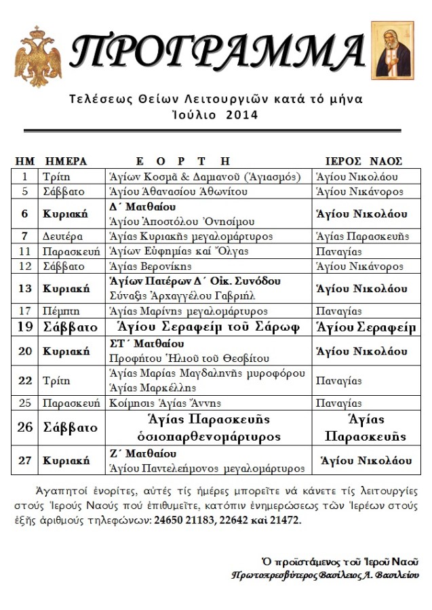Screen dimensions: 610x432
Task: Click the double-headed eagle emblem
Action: coord(38,56)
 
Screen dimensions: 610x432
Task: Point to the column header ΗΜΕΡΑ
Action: coord(66,161)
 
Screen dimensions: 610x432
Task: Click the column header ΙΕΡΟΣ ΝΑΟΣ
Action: coord(364,161)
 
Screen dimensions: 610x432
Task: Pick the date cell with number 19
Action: coord(25,328)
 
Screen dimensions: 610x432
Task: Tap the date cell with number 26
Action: coord(25,428)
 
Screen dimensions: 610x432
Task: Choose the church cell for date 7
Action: coord(363,236)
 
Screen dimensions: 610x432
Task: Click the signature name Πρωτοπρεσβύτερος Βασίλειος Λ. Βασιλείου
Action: coord(325,575)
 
